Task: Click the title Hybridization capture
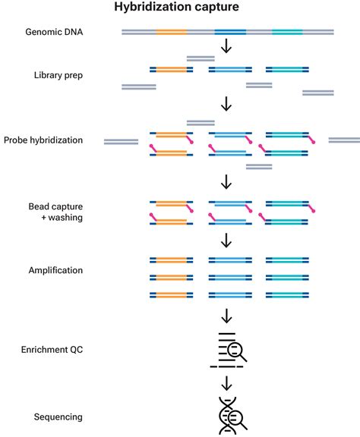click(176, 8)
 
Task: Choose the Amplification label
click(55, 270)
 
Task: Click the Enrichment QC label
click(54, 350)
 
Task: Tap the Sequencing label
click(58, 417)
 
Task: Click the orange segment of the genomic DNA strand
click(171, 33)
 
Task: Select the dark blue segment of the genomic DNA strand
click(230, 33)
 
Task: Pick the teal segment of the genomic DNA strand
click(287, 33)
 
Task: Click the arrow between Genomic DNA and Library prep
click(226, 48)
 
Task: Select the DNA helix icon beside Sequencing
click(229, 416)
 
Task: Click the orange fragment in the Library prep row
click(171, 70)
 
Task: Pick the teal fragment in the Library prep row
click(287, 70)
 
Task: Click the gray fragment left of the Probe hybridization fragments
click(121, 140)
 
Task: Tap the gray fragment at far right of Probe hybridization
click(344, 140)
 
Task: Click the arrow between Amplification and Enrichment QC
click(226, 315)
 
